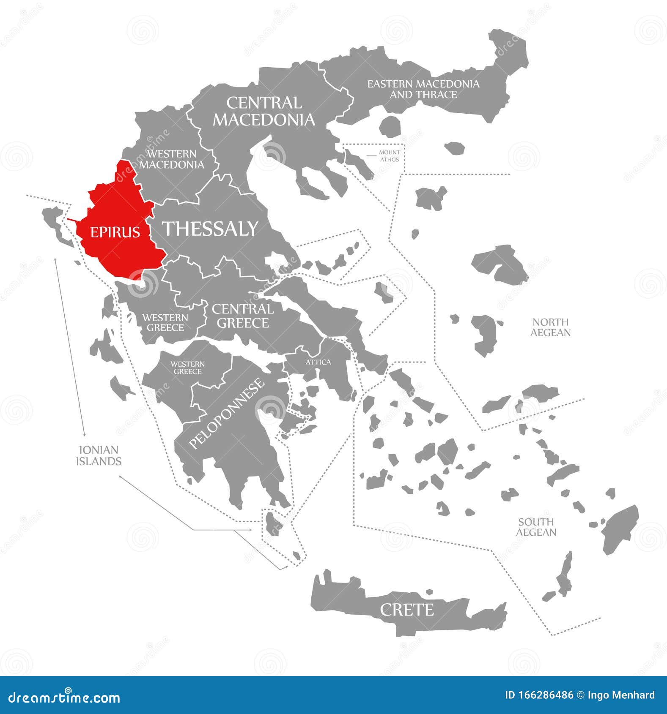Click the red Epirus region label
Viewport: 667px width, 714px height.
(x=115, y=232)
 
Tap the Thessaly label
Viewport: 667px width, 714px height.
(x=210, y=229)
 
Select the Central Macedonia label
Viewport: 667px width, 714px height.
(x=264, y=112)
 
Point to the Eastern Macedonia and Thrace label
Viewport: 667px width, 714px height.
(x=423, y=89)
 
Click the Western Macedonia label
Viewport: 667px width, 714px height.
(x=171, y=159)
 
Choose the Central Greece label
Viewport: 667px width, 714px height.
(x=243, y=316)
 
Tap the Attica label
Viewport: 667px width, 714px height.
(x=318, y=362)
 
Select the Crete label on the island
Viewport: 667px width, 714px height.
(x=406, y=610)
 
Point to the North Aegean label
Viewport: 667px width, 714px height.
(x=550, y=327)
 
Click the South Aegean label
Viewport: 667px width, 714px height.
(x=536, y=527)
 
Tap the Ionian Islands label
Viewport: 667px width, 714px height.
(x=99, y=455)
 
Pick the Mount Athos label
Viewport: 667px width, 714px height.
(x=389, y=156)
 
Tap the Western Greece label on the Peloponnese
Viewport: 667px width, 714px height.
(x=187, y=368)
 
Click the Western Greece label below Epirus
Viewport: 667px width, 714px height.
(x=165, y=322)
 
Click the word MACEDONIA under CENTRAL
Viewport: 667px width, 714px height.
(x=264, y=120)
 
